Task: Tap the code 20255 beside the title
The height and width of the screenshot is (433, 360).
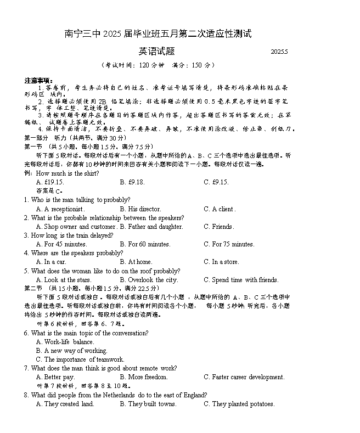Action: [279, 52]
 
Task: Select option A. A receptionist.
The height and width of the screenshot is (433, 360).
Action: [60, 209]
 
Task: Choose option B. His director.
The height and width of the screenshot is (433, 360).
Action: [140, 209]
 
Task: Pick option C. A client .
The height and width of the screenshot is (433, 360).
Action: [220, 209]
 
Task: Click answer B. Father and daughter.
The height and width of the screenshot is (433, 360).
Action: [151, 227]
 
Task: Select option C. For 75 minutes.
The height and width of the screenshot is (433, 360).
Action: [229, 244]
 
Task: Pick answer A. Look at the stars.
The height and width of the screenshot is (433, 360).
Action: [64, 280]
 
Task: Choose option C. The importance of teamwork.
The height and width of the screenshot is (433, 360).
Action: [80, 359]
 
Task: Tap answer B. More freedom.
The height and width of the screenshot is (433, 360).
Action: [143, 377]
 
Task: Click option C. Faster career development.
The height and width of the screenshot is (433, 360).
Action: [244, 377]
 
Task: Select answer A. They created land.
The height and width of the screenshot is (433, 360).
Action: [65, 404]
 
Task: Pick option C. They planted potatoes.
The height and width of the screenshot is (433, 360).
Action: [239, 404]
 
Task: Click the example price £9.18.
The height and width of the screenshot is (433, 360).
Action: [132, 182]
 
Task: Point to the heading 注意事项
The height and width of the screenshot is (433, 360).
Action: [38, 80]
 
